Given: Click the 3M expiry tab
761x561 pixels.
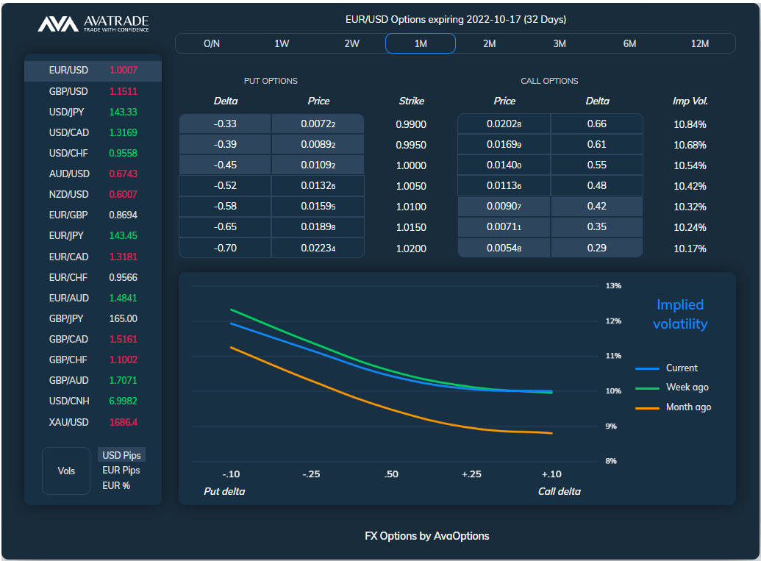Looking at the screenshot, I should [560, 43].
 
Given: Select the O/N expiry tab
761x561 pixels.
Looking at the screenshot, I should [212, 43].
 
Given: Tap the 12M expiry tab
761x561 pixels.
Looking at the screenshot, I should [700, 43].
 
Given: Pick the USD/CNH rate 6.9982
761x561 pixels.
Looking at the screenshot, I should [124, 401].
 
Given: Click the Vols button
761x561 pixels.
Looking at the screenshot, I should [66, 471].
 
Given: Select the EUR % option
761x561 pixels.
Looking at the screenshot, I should [116, 485].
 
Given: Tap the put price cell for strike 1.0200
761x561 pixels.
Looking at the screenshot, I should [318, 249].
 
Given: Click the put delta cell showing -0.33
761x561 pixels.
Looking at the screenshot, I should [225, 124].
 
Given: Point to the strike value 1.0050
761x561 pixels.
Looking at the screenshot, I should [411, 186].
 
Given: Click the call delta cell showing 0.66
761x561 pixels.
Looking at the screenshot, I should [596, 124].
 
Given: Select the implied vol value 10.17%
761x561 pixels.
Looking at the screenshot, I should [690, 249].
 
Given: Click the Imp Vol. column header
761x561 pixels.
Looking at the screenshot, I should [690, 101].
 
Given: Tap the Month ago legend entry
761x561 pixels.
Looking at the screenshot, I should [687, 407].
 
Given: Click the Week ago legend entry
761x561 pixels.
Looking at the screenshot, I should [687, 387].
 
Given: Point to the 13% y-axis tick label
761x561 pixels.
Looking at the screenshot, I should [613, 286].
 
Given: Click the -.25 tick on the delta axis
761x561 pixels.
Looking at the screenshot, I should [311, 474].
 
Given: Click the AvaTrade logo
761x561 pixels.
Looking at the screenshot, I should [93, 24].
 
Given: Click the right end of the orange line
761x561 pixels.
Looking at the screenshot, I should [551, 434].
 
